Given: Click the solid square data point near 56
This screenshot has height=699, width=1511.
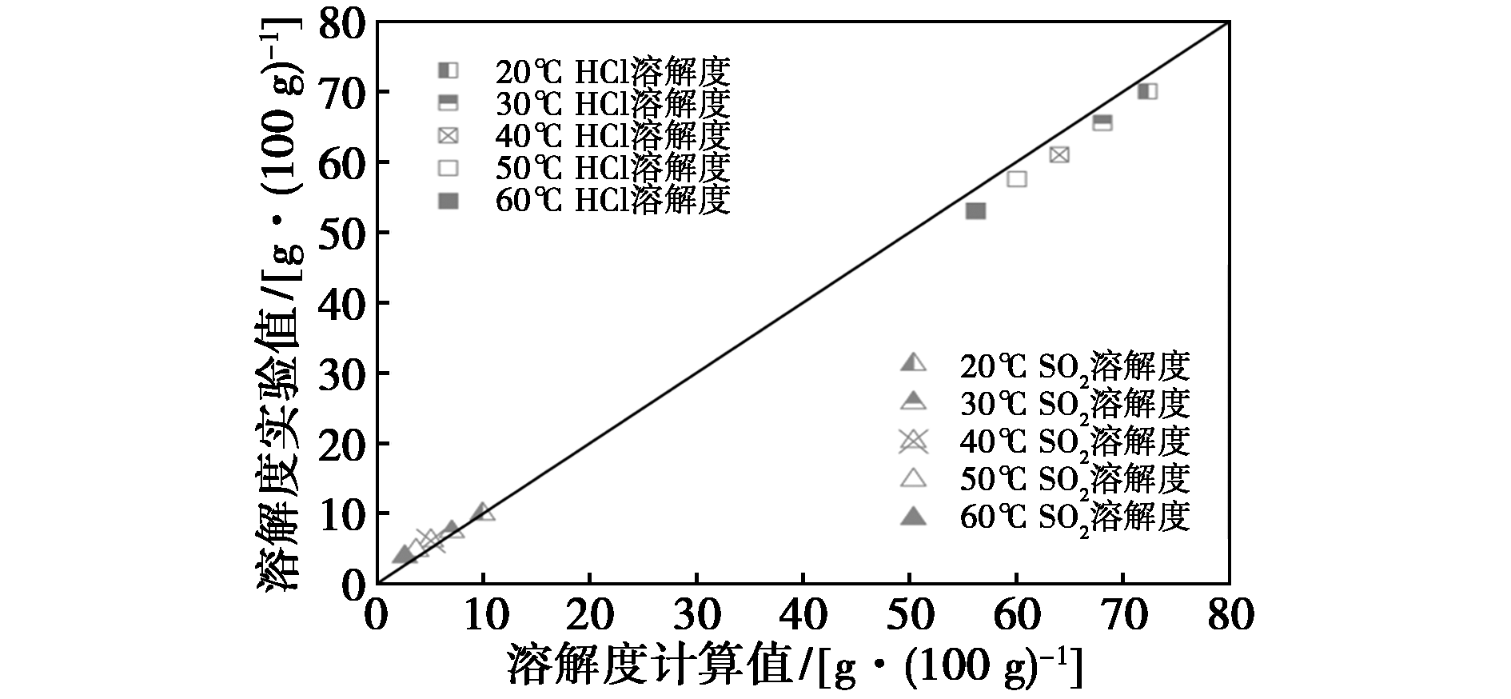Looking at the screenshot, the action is pyautogui.click(x=975, y=210).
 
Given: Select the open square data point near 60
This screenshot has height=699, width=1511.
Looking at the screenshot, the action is pyautogui.click(x=1017, y=178).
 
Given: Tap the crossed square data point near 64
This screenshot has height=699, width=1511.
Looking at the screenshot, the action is pyautogui.click(x=1059, y=154).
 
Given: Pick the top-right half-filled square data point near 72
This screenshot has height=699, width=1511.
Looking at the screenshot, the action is pyautogui.click(x=1147, y=91).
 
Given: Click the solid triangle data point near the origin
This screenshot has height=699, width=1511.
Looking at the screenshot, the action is pyautogui.click(x=403, y=554).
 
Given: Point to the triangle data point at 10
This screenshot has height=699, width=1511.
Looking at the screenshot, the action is pyautogui.click(x=483, y=512).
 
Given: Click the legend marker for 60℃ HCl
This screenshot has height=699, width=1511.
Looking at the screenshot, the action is pyautogui.click(x=449, y=202).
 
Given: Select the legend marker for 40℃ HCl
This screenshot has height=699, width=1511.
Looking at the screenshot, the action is pyautogui.click(x=449, y=136).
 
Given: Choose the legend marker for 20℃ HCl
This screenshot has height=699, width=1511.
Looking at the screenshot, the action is pyautogui.click(x=449, y=70).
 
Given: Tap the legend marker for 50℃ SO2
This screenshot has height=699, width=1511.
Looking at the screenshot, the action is pyautogui.click(x=913, y=478).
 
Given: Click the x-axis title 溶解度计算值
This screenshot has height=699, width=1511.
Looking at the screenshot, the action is pyautogui.click(x=648, y=664).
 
